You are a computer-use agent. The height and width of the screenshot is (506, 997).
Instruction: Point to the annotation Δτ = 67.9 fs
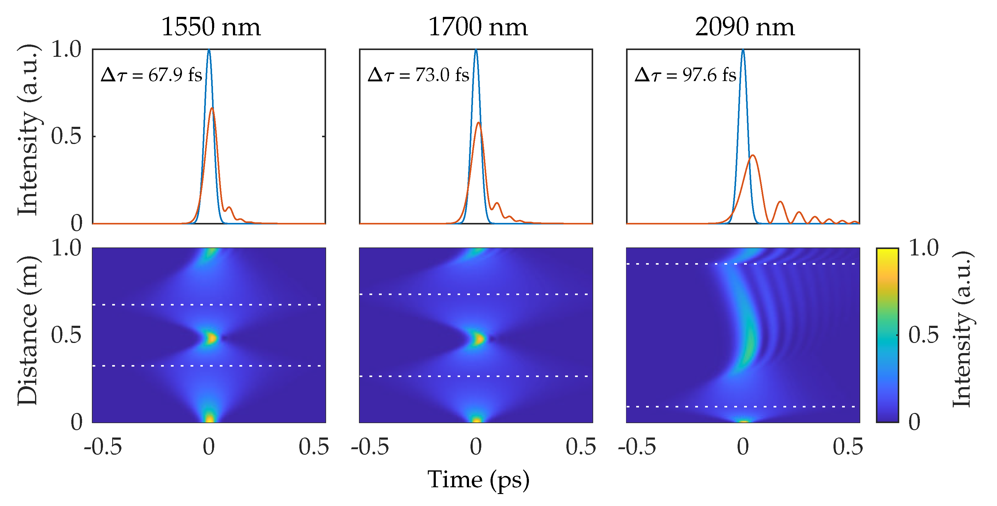point(151,75)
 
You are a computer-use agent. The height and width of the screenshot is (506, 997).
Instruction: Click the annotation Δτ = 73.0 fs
point(418,75)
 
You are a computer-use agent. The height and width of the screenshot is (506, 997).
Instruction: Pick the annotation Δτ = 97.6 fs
point(685,75)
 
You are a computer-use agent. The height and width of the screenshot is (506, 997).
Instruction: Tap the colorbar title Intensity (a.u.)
point(962,329)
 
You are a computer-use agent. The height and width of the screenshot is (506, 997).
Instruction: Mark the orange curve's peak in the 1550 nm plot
point(212,108)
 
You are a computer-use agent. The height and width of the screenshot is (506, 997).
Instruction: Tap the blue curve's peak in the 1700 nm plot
point(476,50)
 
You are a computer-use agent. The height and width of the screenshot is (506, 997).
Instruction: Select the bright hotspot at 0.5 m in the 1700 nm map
point(479,339)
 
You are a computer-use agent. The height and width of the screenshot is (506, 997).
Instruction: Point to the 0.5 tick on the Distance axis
point(66,335)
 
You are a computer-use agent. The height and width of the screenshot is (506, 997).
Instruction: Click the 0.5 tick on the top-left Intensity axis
point(66,136)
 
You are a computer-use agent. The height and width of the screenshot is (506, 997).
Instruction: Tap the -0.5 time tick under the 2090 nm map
point(637,447)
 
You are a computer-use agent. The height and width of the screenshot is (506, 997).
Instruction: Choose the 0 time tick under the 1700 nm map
point(476,447)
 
